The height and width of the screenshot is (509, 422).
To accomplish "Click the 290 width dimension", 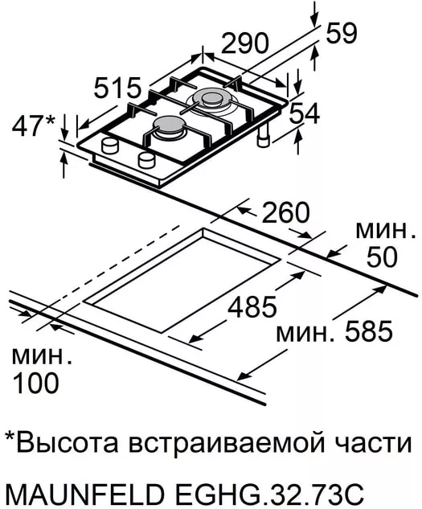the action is pyautogui.click(x=245, y=43).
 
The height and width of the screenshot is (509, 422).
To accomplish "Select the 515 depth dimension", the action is pyautogui.click(x=117, y=88).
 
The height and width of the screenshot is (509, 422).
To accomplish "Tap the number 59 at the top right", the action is pyautogui.click(x=341, y=33).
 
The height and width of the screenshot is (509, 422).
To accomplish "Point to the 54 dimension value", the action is pyautogui.click(x=304, y=113).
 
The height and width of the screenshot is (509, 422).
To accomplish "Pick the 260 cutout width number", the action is pyautogui.click(x=285, y=212).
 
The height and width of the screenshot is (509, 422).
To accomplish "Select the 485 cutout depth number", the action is pyautogui.click(x=252, y=306).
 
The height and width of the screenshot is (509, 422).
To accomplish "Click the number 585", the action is pyautogui.click(x=368, y=331).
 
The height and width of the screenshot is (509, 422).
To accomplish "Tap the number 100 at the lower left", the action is pyautogui.click(x=35, y=383).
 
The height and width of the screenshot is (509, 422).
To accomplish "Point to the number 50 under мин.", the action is pyautogui.click(x=382, y=257).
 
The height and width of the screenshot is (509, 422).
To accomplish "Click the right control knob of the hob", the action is pyautogui.click(x=146, y=159).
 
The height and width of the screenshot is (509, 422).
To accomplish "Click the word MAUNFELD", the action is pyautogui.click(x=85, y=495).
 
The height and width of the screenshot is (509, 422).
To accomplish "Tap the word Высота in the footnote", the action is pyautogui.click(x=67, y=443).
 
